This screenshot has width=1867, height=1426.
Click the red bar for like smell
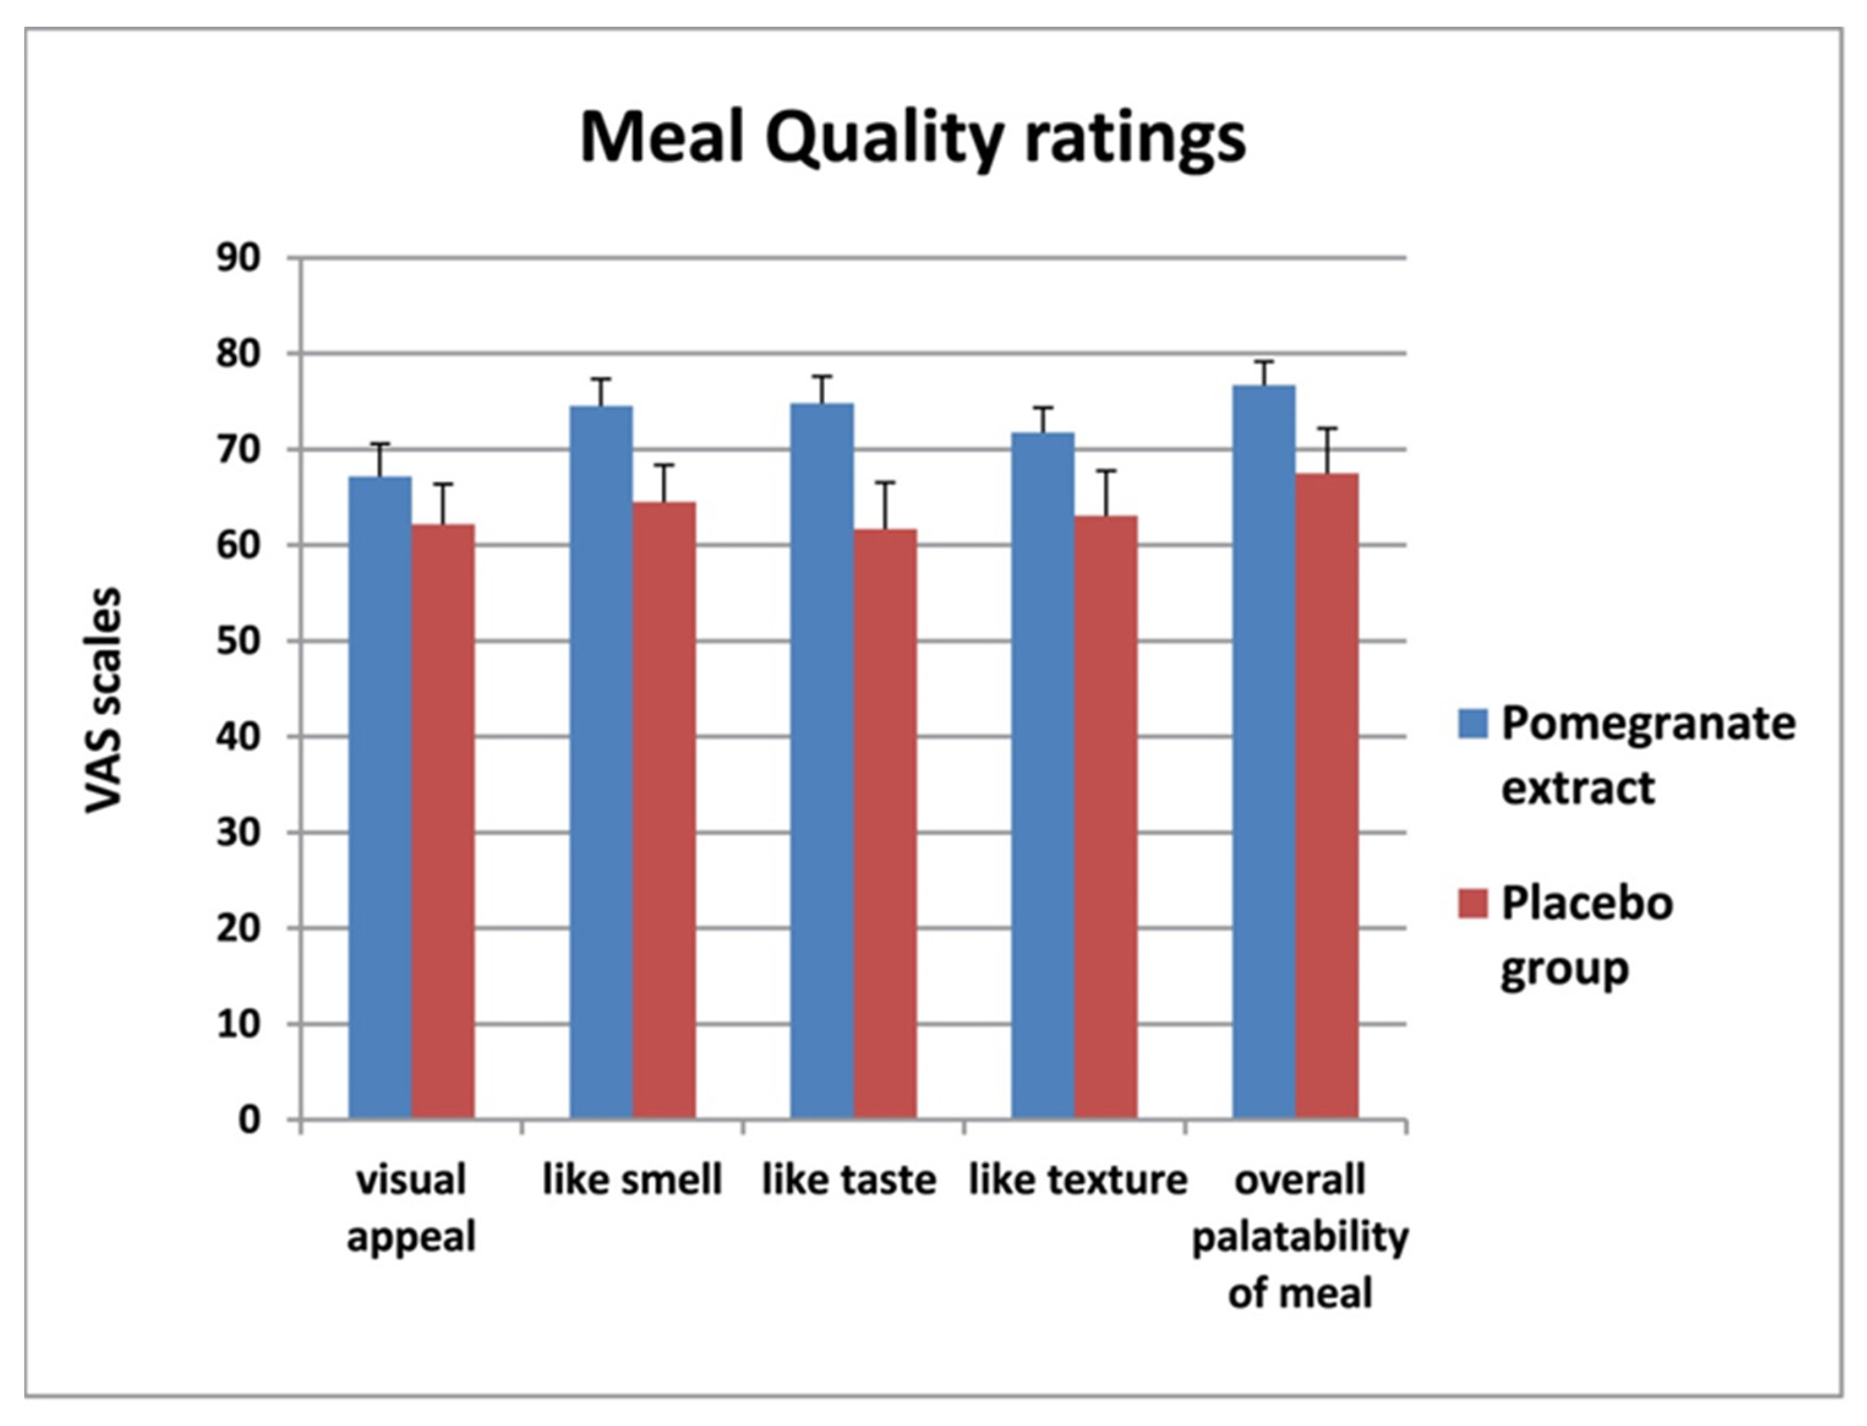pos(664,811)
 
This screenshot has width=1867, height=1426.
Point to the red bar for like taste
pos(885,823)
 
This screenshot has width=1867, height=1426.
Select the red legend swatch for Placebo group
pos(1472,903)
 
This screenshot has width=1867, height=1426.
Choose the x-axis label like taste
pos(848,1180)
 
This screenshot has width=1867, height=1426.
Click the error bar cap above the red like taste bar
pos(885,482)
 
